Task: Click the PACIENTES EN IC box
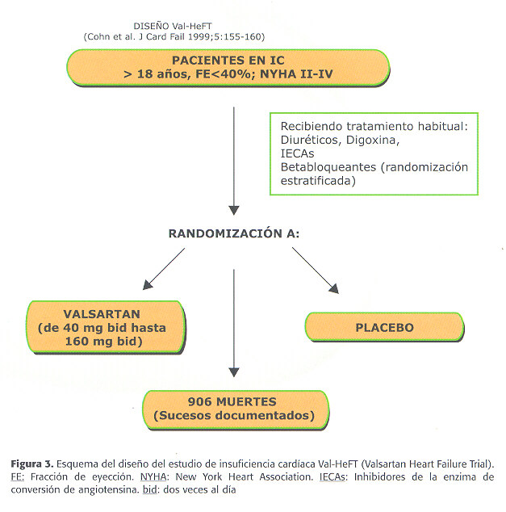pyautogui.click(x=228, y=68)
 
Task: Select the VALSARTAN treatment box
pyautogui.click(x=106, y=327)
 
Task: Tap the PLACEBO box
pyautogui.click(x=384, y=327)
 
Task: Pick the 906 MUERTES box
pyautogui.click(x=236, y=409)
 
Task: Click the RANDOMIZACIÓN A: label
pyautogui.click(x=233, y=233)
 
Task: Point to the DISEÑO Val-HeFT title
pyautogui.click(x=173, y=26)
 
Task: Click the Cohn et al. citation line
pyautogui.click(x=174, y=36)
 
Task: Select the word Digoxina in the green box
pyautogui.click(x=373, y=140)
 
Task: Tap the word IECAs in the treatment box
pyautogui.click(x=297, y=153)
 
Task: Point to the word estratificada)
pyautogui.click(x=318, y=181)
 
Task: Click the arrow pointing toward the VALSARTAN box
pyautogui.click(x=164, y=269)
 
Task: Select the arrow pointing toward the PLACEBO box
pyautogui.click(x=316, y=271)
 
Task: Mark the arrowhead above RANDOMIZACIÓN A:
pyautogui.click(x=234, y=210)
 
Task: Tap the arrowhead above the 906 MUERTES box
pyautogui.click(x=234, y=372)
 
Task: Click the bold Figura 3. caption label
pyautogui.click(x=32, y=464)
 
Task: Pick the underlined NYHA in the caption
pyautogui.click(x=153, y=477)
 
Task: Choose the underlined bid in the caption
pyautogui.click(x=150, y=490)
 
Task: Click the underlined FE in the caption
pyautogui.click(x=16, y=477)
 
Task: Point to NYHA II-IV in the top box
pyautogui.click(x=296, y=74)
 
